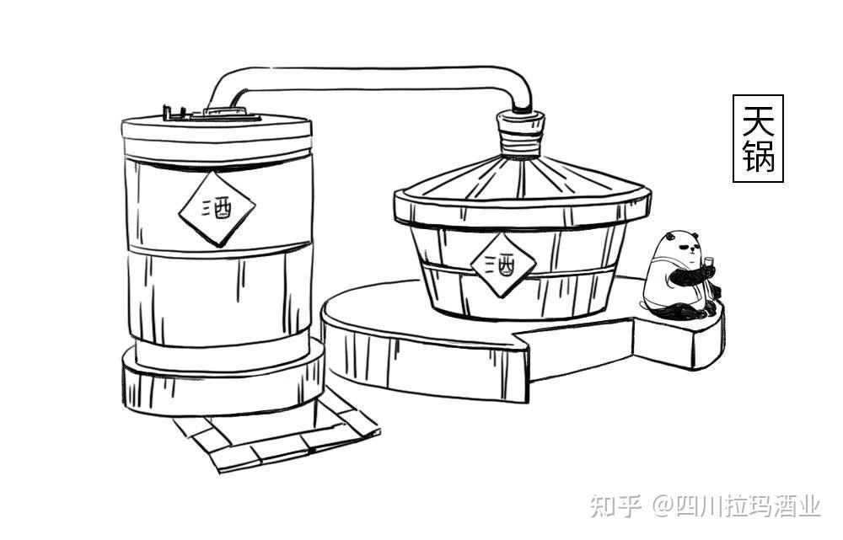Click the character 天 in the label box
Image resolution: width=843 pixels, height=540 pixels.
[758, 121]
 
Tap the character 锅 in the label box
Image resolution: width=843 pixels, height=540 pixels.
[758, 157]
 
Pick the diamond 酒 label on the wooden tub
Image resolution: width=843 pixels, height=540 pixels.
[503, 265]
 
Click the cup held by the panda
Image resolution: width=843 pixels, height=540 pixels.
[709, 261]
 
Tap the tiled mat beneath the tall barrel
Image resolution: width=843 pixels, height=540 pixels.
[278, 438]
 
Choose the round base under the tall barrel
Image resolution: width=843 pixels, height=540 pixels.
[223, 383]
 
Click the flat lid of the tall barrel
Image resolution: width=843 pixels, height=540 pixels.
[217, 129]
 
